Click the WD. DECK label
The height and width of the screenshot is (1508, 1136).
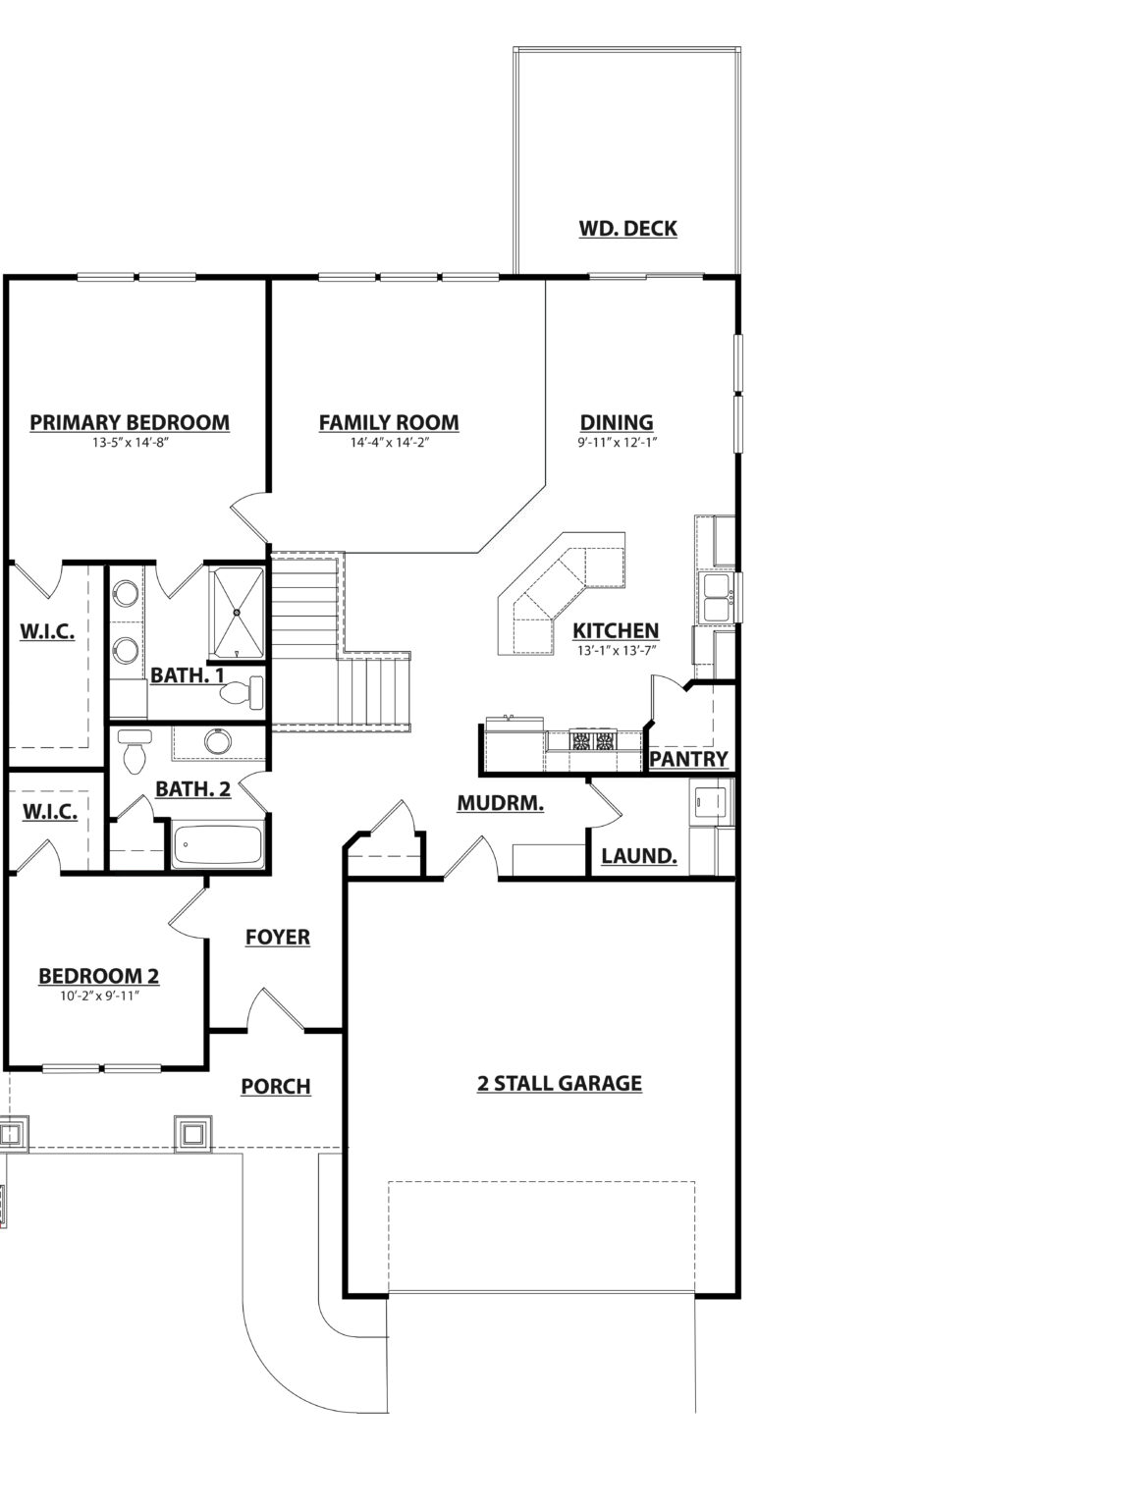point(627,229)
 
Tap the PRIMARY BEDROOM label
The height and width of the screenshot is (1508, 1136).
point(130,422)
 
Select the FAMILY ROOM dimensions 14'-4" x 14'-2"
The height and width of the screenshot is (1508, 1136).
point(390,443)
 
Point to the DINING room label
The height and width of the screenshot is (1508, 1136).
point(616,422)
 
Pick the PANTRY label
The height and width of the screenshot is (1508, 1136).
point(688,759)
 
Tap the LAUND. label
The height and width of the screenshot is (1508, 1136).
point(639,856)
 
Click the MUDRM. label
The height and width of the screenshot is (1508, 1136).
point(500,803)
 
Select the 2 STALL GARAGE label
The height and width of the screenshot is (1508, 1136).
point(559,1084)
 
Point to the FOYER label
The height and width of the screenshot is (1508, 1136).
point(278,937)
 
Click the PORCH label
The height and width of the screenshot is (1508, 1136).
point(276,1087)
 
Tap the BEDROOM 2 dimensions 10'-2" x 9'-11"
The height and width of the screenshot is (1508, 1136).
point(99,996)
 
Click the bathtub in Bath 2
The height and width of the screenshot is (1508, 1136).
point(217,845)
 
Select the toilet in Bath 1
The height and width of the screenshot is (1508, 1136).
point(242,692)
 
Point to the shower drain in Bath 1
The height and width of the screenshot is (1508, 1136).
point(237,611)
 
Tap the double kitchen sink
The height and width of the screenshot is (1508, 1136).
point(717,598)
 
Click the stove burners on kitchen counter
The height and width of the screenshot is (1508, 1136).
point(593,741)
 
